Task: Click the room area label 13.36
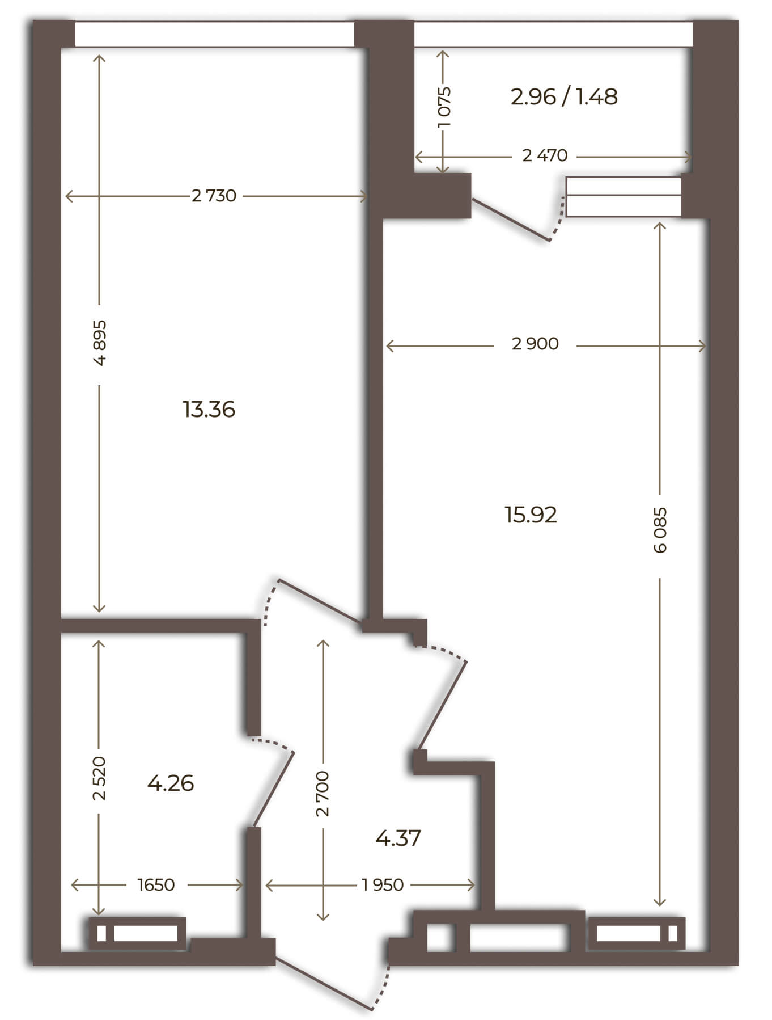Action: [x=209, y=409]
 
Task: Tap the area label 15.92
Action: [x=531, y=515]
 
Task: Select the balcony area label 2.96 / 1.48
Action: [x=564, y=97]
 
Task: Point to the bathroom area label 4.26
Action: [x=171, y=783]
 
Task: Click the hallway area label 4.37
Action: [x=398, y=838]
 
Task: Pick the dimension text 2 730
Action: [x=214, y=196]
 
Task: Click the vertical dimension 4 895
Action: [x=100, y=343]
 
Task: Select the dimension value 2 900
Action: [x=535, y=344]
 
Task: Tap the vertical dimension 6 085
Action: [x=661, y=530]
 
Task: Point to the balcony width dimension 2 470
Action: [x=545, y=155]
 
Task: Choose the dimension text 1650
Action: [x=156, y=885]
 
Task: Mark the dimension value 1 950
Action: [x=383, y=885]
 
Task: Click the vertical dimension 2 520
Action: [x=100, y=778]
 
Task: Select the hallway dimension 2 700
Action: [x=323, y=794]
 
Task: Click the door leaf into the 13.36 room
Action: [x=321, y=601]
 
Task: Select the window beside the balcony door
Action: [x=623, y=196]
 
